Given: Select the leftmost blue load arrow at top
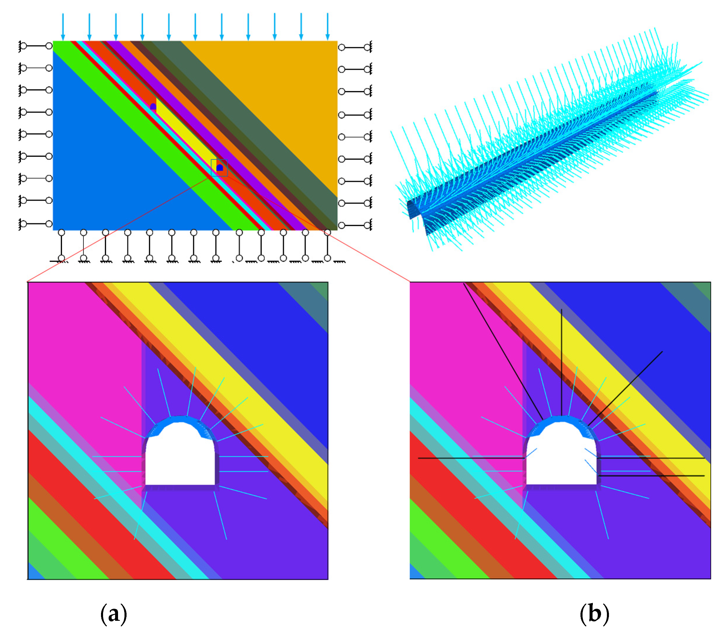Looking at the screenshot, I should (63, 27).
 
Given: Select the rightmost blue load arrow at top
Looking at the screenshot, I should (327, 27).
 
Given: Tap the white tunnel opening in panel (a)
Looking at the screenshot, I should (180, 459).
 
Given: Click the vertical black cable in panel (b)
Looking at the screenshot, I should (561, 360).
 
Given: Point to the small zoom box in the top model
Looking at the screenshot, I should (219, 168).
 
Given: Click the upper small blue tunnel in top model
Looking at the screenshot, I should (153, 106).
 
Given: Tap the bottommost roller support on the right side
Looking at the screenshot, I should (355, 225).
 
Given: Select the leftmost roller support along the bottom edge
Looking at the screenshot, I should (61, 245).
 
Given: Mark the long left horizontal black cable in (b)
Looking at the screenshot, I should (470, 458).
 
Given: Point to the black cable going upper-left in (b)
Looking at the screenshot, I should (501, 349).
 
